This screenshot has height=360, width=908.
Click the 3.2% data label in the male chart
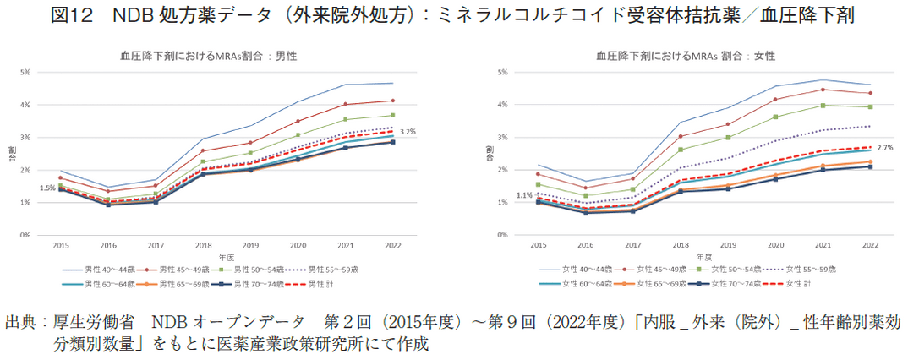(x=408, y=132)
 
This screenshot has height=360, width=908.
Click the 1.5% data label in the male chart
(x=48, y=188)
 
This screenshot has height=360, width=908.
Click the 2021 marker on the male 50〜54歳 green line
(x=345, y=119)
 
